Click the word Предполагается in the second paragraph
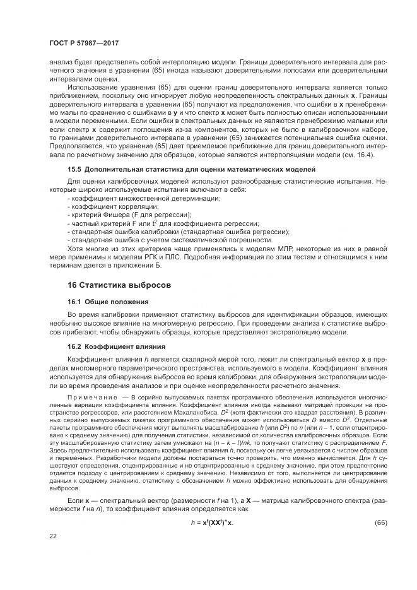[74, 145]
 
